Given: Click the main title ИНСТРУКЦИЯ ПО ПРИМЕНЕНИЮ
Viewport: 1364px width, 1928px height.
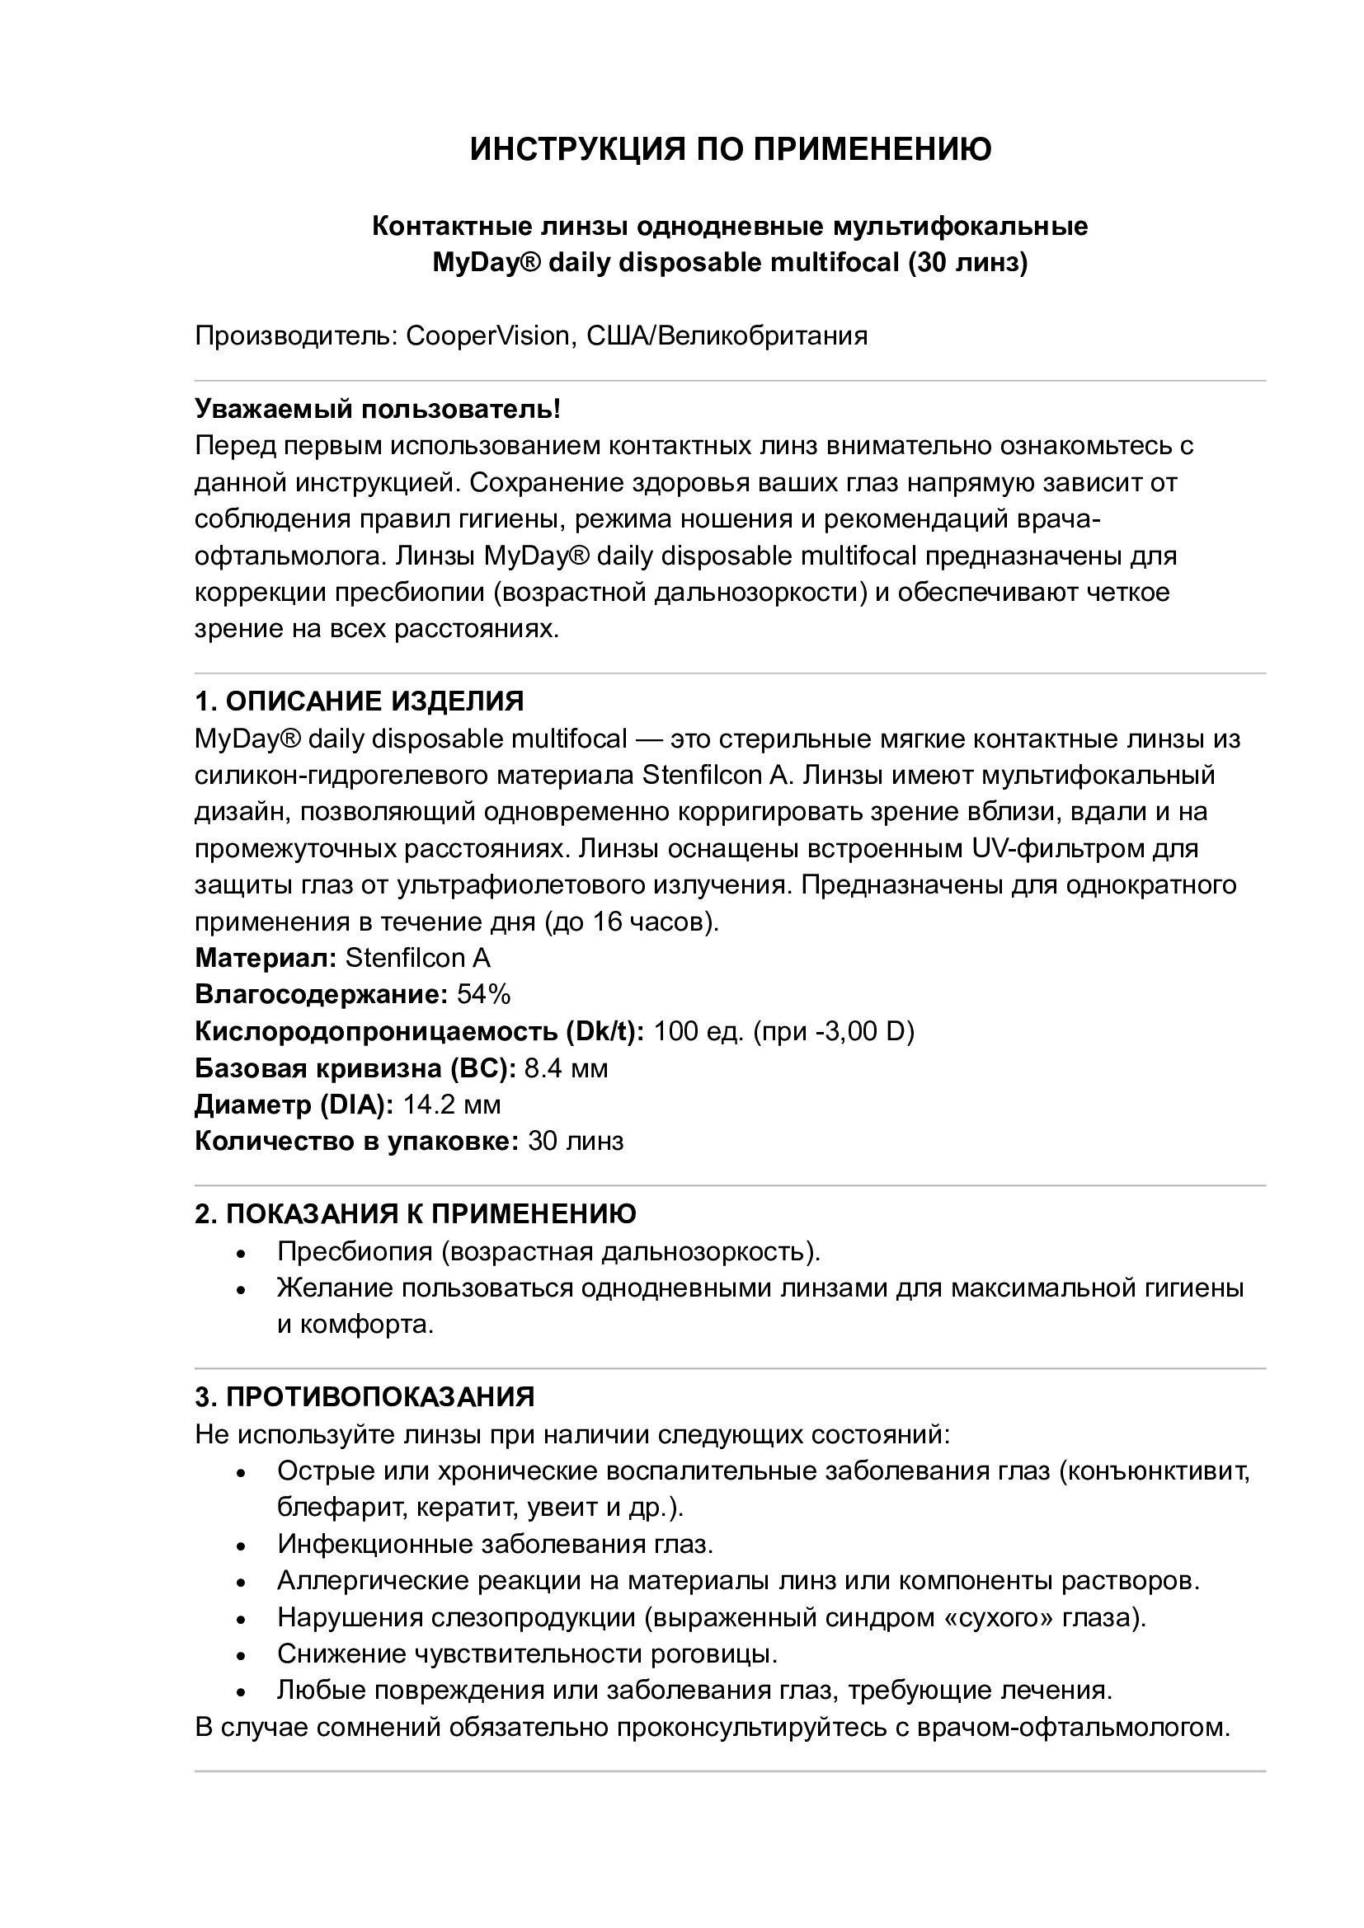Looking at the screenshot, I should pos(730,149).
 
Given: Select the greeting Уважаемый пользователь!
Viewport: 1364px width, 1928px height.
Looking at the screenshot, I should pos(378,409).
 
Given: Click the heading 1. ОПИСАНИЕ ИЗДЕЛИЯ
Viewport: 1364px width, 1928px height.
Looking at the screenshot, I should pos(360,701).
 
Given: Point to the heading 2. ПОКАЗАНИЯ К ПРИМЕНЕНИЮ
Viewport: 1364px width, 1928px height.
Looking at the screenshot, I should pos(416,1213).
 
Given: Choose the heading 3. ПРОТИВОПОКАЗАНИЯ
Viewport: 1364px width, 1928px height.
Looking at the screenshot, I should pos(365,1396).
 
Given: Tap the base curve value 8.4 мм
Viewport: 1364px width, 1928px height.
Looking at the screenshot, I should pos(566,1068).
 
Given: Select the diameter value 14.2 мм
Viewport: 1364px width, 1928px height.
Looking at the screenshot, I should pos(452,1105).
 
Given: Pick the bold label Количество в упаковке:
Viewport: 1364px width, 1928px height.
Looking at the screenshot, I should pos(357,1141).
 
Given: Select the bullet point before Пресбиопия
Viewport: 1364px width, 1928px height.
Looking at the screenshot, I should pos(241,1254).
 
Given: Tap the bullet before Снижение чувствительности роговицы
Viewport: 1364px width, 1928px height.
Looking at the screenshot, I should pos(241,1656).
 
